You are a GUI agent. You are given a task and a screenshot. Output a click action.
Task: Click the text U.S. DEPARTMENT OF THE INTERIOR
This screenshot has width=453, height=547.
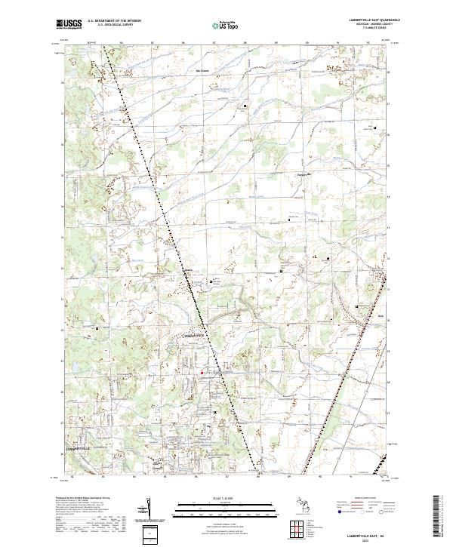pos(114,21)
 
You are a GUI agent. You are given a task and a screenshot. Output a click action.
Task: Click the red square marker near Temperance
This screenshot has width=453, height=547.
pos(202,370)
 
